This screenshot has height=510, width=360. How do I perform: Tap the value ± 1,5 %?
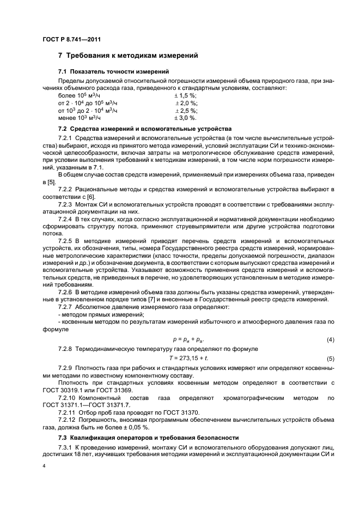pyautogui.click(x=186, y=95)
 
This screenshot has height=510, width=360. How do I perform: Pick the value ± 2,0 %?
pyautogui.click(x=186, y=102)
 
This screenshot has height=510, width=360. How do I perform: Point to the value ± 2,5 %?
pyautogui.click(x=186, y=110)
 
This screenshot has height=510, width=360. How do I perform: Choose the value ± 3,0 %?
pyautogui.click(x=186, y=118)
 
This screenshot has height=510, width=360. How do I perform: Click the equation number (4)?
pyautogui.click(x=330, y=339)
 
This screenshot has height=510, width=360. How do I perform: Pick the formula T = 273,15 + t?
pyautogui.click(x=190, y=358)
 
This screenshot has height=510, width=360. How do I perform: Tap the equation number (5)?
pyautogui.click(x=330, y=359)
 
